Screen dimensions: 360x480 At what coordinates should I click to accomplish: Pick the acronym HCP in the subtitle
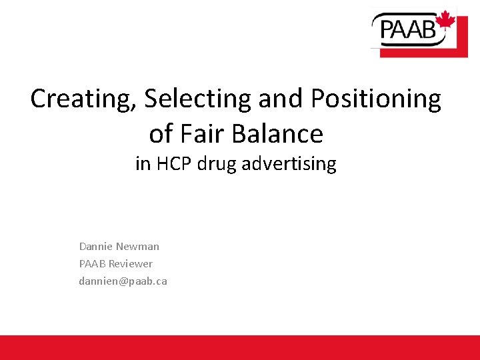click(x=174, y=163)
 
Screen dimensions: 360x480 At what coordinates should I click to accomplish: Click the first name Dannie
click(x=96, y=246)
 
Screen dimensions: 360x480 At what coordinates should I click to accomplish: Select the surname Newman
click(x=138, y=246)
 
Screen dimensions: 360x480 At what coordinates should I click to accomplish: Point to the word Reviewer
click(x=131, y=263)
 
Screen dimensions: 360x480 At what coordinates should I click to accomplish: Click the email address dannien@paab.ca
click(x=123, y=281)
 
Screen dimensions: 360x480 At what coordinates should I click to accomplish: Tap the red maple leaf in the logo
click(x=445, y=21)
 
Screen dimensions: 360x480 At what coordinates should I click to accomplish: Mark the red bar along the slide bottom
click(x=240, y=347)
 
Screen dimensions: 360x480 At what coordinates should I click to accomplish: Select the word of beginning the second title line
click(x=160, y=133)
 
